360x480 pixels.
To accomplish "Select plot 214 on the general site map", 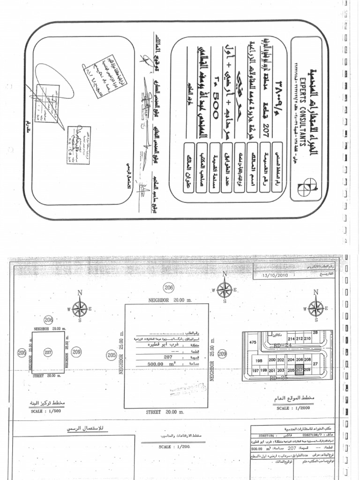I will tap(291, 338).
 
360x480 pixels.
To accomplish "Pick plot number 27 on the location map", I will tap(315, 363).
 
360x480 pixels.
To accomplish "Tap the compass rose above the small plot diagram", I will tap(80, 308).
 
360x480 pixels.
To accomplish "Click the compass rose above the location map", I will tap(315, 307).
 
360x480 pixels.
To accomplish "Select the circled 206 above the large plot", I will tap(169, 287).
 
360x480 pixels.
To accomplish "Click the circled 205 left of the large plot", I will tap(111, 355).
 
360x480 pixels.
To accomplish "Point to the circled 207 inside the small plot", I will tap(47, 352).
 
